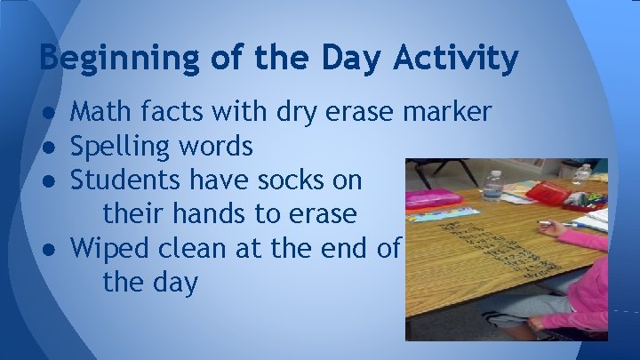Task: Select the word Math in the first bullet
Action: [x=99, y=112]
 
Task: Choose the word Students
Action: [x=128, y=180]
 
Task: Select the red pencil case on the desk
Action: [x=546, y=192]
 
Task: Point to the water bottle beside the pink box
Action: [x=492, y=184]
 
